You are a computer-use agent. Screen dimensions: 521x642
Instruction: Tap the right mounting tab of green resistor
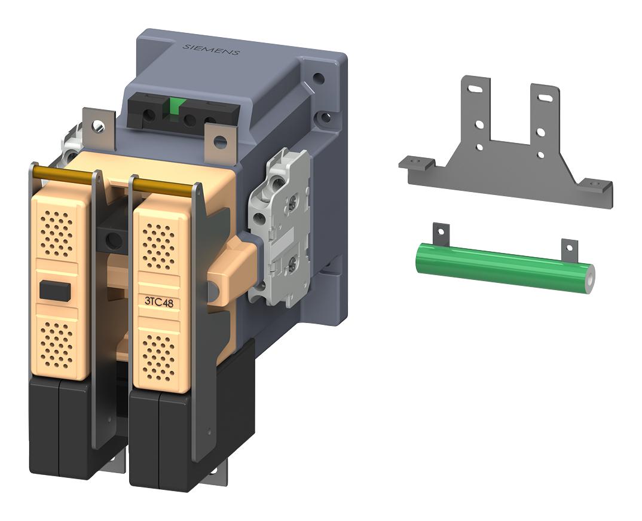(x=570, y=246)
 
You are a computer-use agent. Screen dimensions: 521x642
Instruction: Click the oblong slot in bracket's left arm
(x=476, y=89)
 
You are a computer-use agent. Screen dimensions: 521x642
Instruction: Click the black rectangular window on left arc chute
(x=54, y=291)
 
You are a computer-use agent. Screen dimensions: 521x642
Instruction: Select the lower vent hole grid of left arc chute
(x=57, y=342)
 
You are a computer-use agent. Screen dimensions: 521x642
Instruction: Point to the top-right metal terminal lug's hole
(x=220, y=142)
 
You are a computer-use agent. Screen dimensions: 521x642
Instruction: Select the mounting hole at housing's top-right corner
(x=319, y=78)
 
